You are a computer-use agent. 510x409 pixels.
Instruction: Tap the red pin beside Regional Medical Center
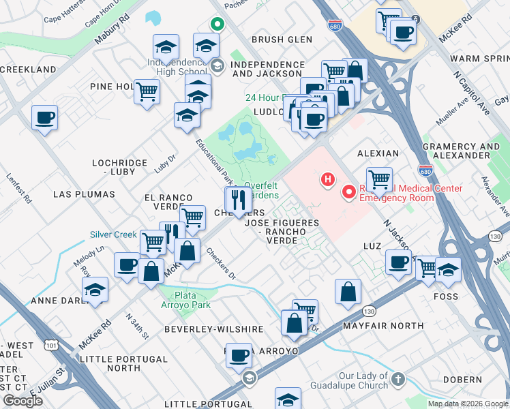(x=349, y=192)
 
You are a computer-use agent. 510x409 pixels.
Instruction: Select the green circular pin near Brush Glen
(x=217, y=25)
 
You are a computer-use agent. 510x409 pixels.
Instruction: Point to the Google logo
(x=22, y=401)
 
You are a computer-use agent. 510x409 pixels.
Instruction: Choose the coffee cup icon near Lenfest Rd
(x=44, y=117)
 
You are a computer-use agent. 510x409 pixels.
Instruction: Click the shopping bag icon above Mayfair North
(x=348, y=291)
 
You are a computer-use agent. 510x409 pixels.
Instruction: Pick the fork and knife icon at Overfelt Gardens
(x=238, y=200)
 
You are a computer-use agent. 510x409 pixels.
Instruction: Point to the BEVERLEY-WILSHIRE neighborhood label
(x=213, y=329)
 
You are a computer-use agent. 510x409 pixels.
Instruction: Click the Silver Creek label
(x=114, y=234)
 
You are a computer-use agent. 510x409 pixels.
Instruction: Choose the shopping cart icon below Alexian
(x=379, y=179)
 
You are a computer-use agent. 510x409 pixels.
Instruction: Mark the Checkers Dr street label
(x=221, y=267)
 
